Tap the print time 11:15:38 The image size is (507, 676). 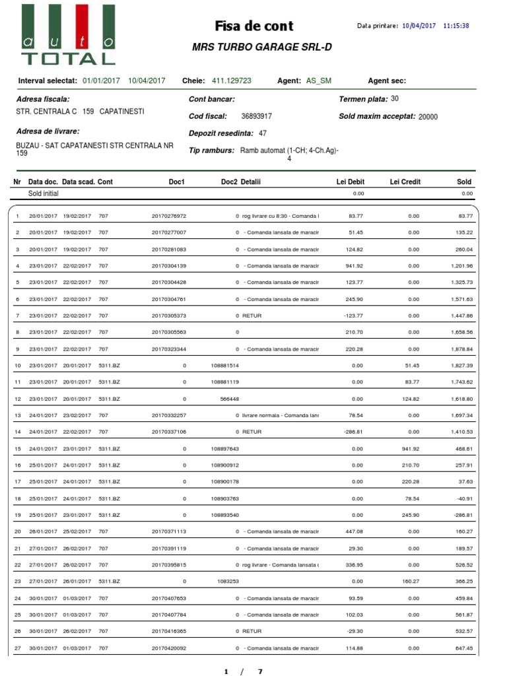[456, 26]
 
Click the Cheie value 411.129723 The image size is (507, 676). [231, 81]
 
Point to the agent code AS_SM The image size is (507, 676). [319, 81]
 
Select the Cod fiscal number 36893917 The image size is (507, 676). [257, 116]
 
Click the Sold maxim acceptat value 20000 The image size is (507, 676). [428, 117]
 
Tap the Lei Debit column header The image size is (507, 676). [351, 182]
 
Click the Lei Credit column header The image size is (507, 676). [405, 182]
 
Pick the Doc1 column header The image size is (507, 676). [176, 182]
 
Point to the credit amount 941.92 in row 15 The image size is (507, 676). [407, 449]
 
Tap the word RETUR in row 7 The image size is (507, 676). [252, 316]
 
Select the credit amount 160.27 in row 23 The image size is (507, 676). [407, 582]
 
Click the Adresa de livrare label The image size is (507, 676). [48, 131]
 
